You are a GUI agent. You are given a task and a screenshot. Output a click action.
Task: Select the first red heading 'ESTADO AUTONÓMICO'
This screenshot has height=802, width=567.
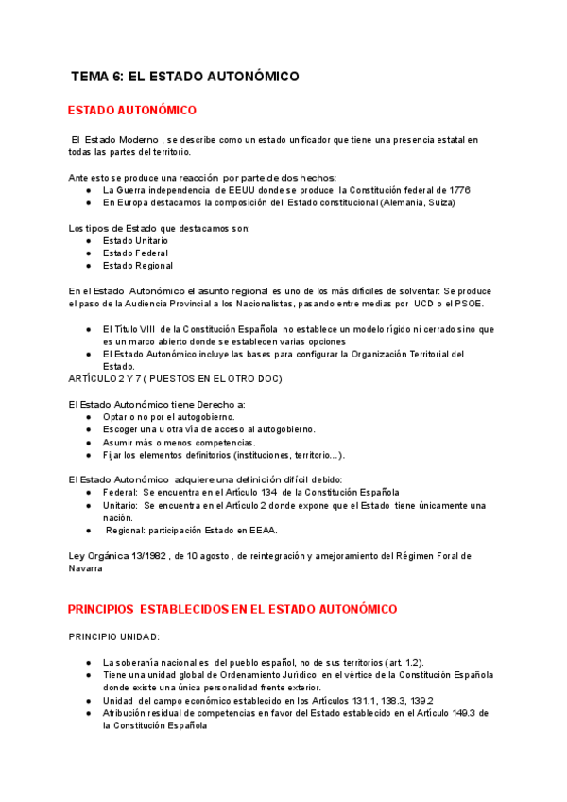coord(133,111)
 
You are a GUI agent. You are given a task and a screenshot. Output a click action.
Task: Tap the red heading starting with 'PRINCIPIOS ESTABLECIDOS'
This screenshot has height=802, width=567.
coord(233,609)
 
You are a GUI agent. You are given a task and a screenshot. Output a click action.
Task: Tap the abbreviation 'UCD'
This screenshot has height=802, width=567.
coord(424,304)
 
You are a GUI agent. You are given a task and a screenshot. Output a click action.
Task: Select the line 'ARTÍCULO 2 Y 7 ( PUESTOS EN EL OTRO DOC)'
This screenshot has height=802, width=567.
coord(175,378)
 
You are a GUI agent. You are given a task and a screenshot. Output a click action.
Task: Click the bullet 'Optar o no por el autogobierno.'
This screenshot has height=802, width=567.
coord(169,416)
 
